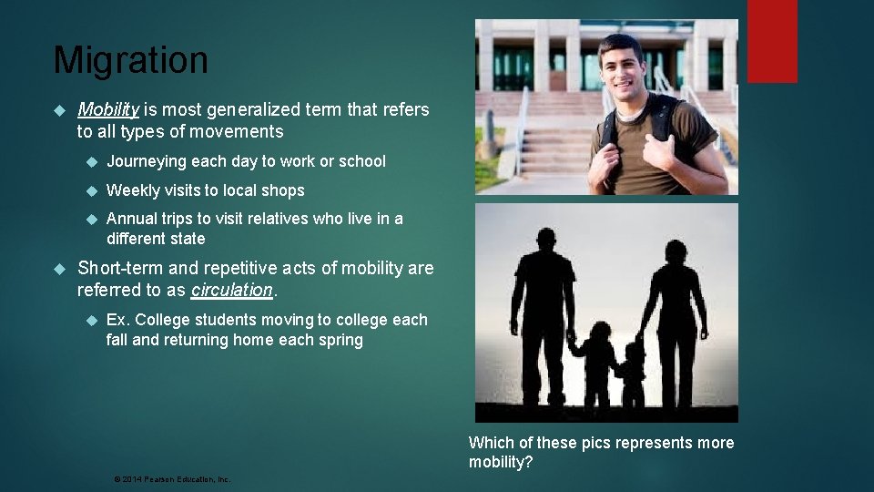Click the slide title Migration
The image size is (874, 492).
(130, 61)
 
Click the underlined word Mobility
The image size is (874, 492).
(108, 110)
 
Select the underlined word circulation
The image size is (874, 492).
(231, 291)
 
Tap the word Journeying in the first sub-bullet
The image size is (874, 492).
(147, 161)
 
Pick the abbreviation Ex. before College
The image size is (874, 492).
(118, 320)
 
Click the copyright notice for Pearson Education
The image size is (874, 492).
(172, 478)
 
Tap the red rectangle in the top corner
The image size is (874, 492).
(772, 41)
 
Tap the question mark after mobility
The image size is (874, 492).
(529, 463)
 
